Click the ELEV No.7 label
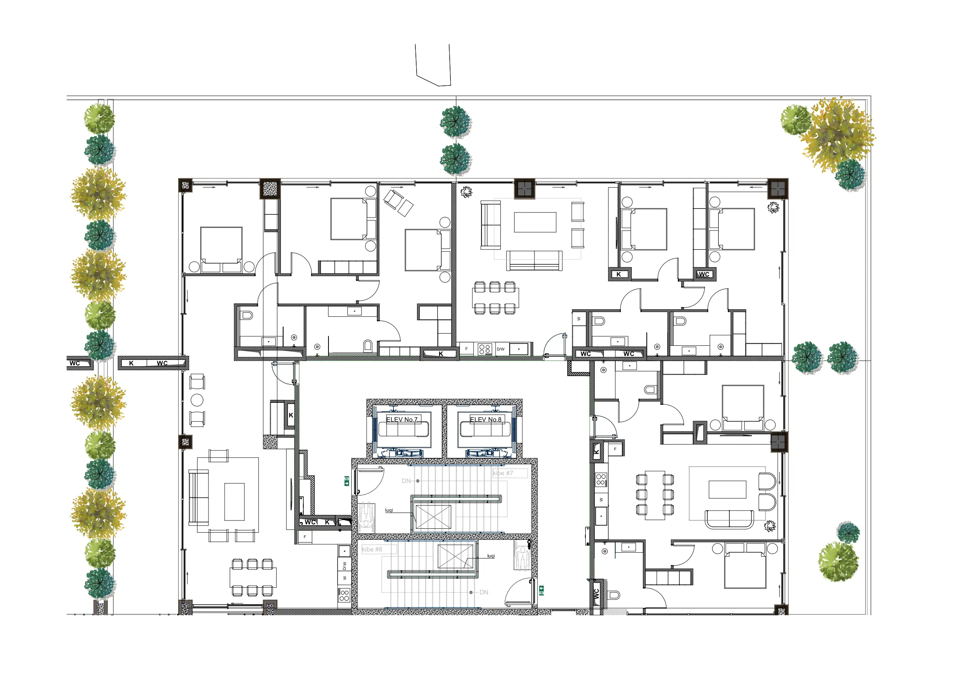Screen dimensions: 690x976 (402, 420)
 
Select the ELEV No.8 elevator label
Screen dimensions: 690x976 (485, 420)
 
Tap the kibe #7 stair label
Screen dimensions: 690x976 (503, 473)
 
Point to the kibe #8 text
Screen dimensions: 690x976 (373, 549)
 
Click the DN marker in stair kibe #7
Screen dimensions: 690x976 (406, 481)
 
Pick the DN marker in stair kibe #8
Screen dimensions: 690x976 (484, 592)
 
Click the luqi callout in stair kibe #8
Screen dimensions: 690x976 (491, 556)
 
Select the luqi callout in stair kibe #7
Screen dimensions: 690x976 (389, 510)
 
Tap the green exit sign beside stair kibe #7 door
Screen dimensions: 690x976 (347, 481)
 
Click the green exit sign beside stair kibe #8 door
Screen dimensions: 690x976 (542, 590)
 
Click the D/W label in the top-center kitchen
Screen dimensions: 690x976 (501, 349)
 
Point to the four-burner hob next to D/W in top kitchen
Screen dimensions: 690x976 (485, 349)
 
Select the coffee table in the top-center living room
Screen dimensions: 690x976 (535, 222)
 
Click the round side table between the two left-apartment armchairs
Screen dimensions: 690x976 (197, 400)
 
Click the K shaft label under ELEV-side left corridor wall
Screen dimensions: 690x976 (291, 415)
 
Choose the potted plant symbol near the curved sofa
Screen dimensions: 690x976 (770, 526)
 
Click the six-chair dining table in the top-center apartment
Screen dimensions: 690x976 (495, 298)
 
